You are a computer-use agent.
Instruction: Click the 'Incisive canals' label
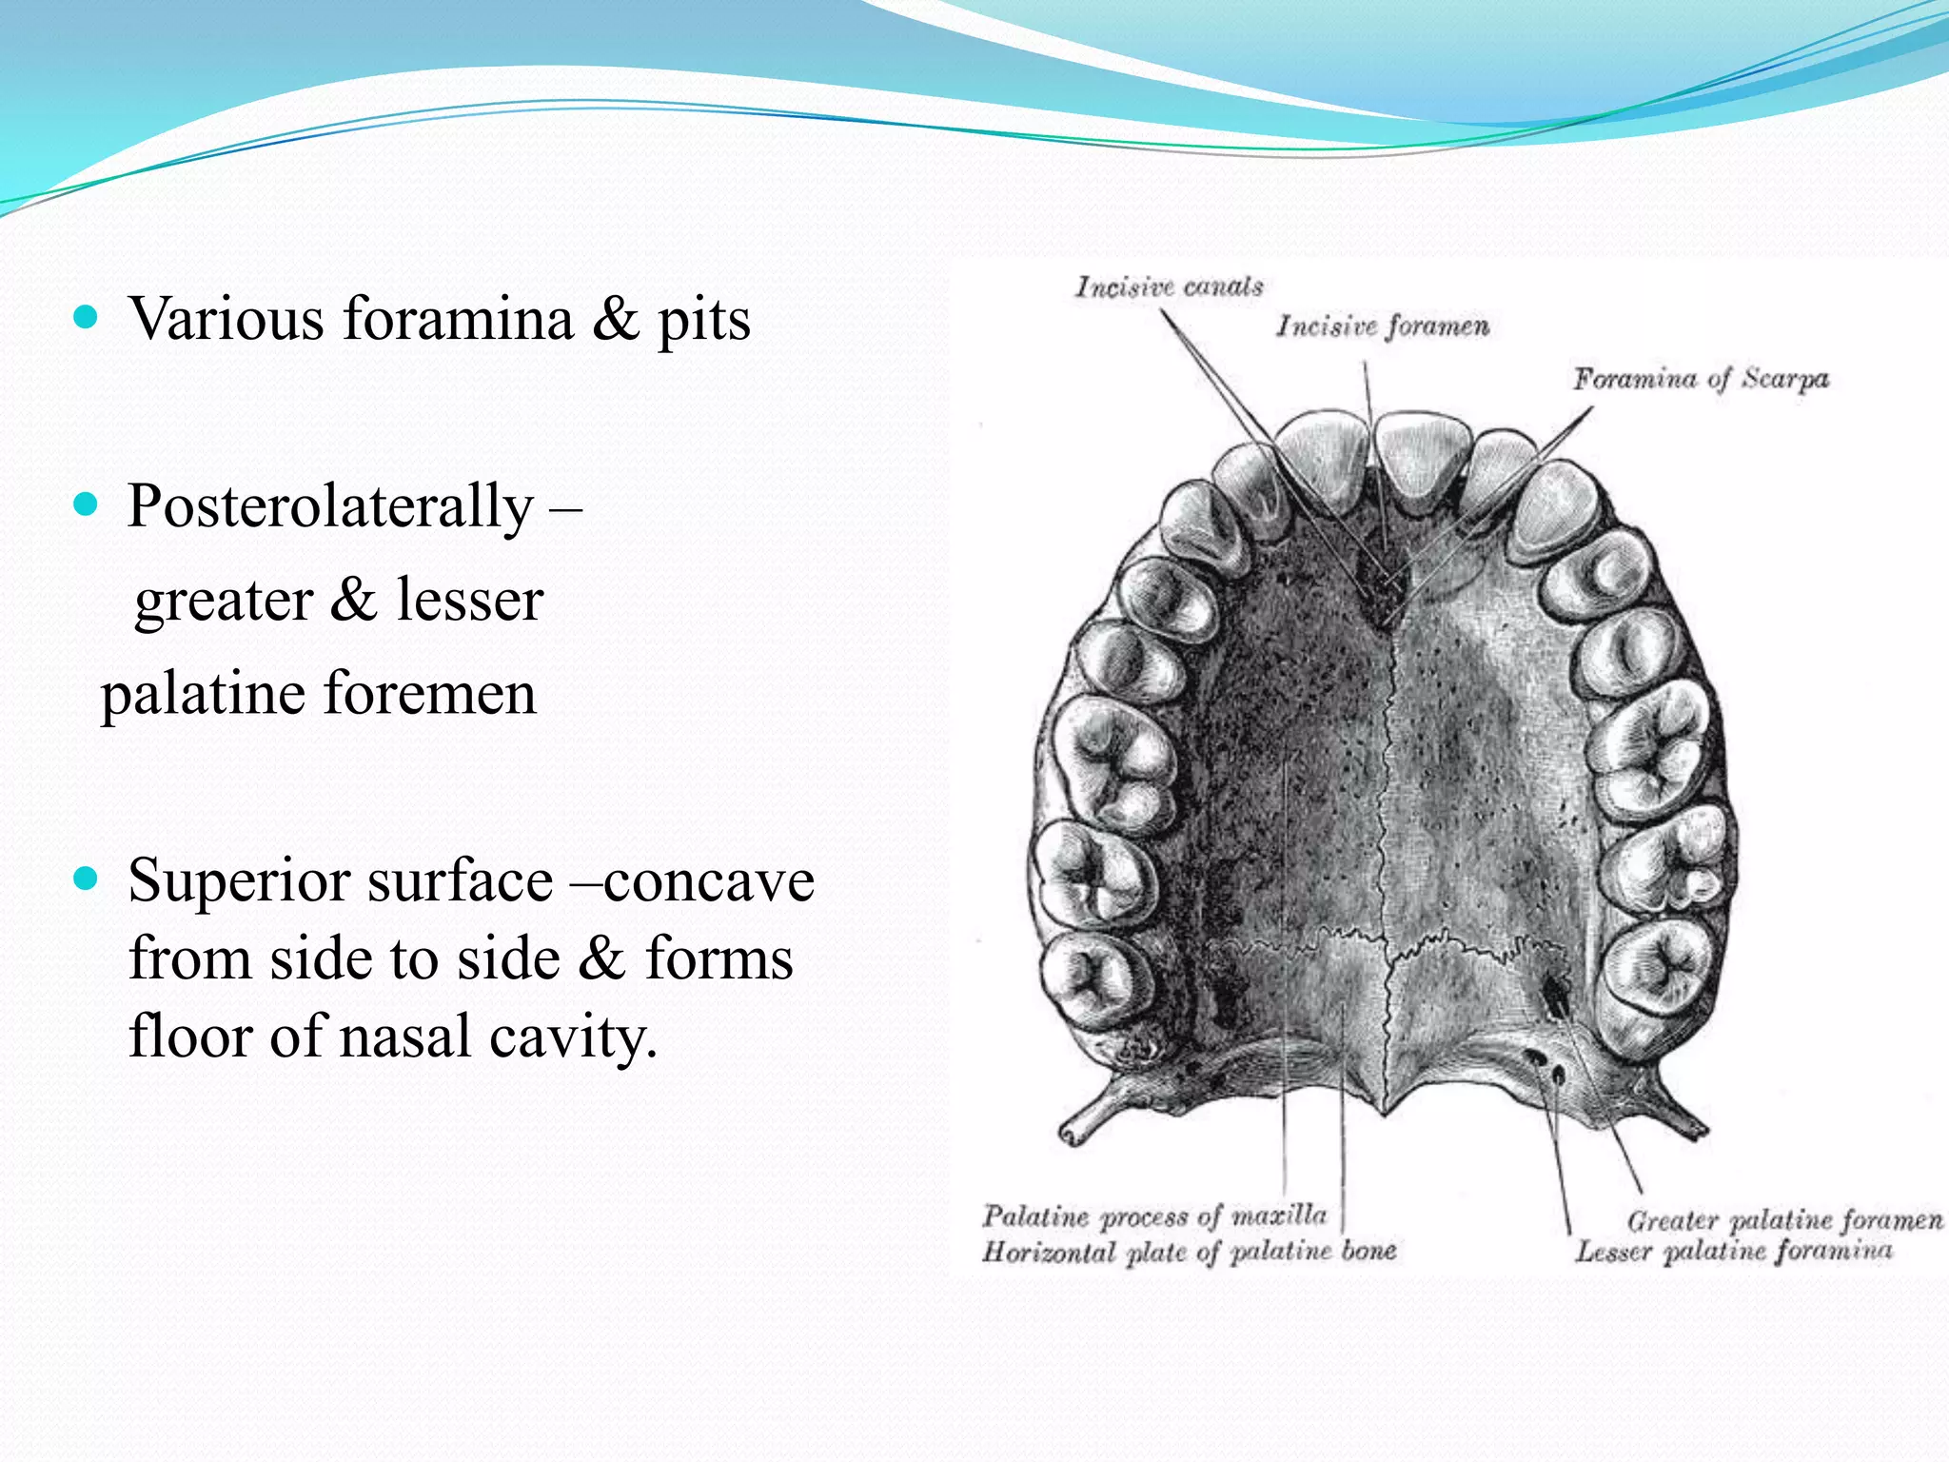[1169, 286]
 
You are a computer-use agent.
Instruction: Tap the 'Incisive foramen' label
[1382, 326]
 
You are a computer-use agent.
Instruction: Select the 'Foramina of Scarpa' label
[1700, 379]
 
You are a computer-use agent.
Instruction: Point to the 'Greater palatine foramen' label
[1784, 1219]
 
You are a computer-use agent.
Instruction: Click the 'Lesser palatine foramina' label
[1733, 1251]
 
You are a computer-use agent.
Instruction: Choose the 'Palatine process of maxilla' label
[1153, 1215]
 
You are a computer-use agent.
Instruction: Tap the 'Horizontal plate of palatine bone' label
[1189, 1251]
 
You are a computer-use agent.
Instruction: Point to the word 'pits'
[703, 320]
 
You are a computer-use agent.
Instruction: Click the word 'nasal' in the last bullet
[405, 1036]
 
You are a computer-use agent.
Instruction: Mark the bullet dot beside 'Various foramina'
[86, 317]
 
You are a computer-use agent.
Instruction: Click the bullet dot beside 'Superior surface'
[86, 879]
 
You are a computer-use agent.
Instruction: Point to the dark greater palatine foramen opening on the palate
[1557, 996]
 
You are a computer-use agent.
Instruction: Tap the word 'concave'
[709, 880]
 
